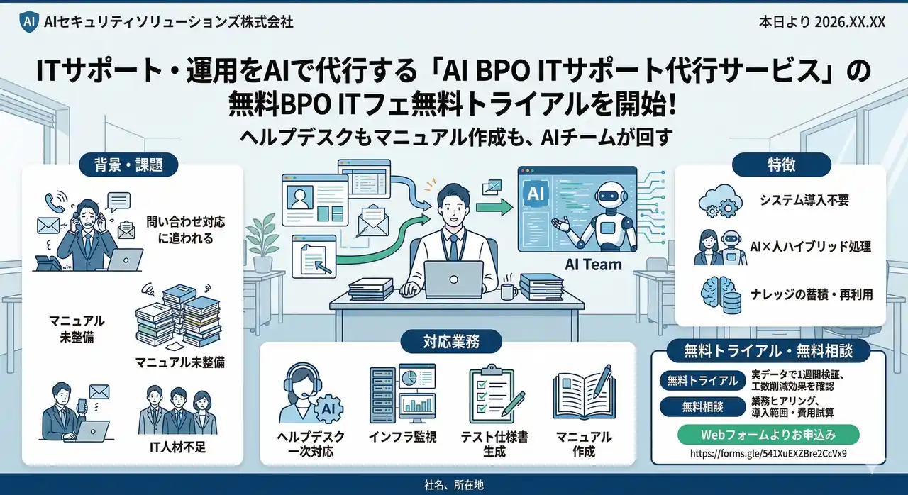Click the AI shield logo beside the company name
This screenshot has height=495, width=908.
[x=28, y=21]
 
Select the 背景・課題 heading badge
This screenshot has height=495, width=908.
[x=128, y=165]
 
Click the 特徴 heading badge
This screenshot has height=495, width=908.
[x=780, y=165]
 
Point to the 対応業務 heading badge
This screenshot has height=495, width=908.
[x=450, y=342]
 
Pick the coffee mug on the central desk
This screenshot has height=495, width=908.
[x=509, y=291]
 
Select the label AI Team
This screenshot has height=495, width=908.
[x=593, y=265]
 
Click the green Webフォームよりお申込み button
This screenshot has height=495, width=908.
[x=768, y=434]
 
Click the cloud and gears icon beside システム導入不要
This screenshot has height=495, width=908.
[x=719, y=201]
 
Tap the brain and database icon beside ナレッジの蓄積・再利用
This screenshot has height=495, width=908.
[x=719, y=294]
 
